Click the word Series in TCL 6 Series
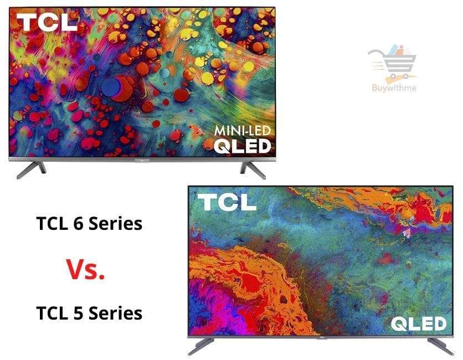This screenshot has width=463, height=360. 115,224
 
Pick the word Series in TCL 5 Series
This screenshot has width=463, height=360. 115,313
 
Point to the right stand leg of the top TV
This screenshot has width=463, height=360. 253,169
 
